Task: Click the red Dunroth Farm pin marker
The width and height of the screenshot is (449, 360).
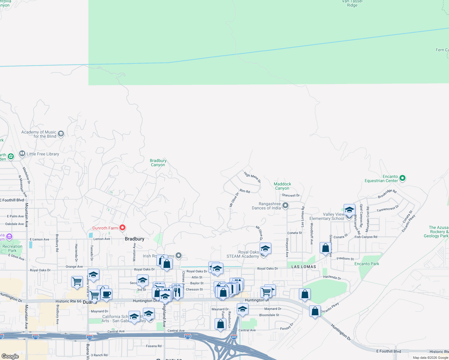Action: tap(122, 228)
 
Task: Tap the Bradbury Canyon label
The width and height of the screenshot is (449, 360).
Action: tap(158, 163)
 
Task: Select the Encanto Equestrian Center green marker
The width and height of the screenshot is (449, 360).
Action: tap(402, 178)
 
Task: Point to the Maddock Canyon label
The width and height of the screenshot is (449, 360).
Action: tap(282, 186)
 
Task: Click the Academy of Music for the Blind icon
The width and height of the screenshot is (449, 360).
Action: tap(61, 133)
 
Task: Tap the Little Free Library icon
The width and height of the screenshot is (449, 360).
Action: tap(22, 154)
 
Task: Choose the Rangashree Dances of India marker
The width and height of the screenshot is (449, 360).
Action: tap(285, 205)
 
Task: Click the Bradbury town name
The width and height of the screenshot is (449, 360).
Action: tap(134, 239)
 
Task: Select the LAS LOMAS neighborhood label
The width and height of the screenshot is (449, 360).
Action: tap(304, 267)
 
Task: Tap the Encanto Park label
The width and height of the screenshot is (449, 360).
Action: tap(367, 264)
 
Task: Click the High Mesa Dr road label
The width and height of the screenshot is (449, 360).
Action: tap(252, 177)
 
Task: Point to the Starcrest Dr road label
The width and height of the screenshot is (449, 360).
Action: tap(291, 195)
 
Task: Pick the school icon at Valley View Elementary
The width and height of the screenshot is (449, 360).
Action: tap(349, 210)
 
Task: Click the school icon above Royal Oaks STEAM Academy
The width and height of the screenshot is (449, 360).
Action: tap(265, 248)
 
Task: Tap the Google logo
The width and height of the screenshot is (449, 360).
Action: tap(10, 356)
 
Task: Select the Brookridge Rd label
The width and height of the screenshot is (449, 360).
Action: tap(387, 194)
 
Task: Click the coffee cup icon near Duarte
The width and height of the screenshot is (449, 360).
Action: tap(107, 294)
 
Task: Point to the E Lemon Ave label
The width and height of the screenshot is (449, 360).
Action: tap(39, 239)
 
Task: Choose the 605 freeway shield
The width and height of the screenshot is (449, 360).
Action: tap(234, 337)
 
